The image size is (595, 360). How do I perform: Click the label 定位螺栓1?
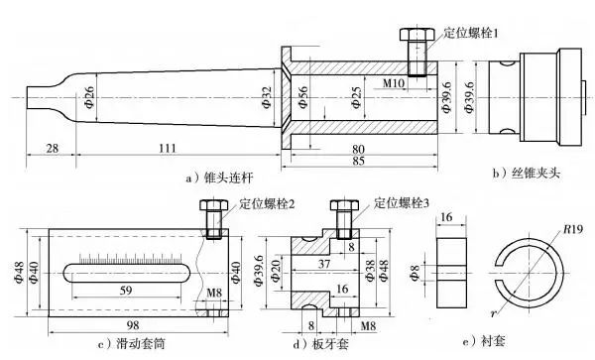click(471, 34)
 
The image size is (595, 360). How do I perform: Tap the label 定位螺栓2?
click(267, 204)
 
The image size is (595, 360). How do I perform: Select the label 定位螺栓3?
click(402, 203)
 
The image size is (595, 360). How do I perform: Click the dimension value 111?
click(168, 148)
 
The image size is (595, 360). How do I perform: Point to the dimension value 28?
click(52, 148)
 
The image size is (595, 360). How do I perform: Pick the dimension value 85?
click(358, 161)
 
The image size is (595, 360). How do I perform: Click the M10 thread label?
click(394, 82)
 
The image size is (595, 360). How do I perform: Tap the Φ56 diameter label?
click(302, 97)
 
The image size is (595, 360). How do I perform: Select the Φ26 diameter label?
click(89, 97)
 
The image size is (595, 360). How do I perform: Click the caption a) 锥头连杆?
click(219, 178)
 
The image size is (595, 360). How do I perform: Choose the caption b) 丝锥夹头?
click(527, 173)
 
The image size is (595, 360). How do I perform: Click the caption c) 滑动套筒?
click(131, 344)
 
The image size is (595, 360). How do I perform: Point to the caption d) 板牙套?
click(321, 344)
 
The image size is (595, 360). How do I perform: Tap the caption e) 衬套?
click(484, 342)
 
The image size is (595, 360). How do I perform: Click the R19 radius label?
click(573, 229)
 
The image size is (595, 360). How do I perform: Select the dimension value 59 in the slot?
click(126, 291)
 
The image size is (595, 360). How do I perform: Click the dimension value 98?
click(133, 325)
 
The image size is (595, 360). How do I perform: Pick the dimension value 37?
click(323, 264)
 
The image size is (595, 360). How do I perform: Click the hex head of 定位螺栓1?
click(417, 34)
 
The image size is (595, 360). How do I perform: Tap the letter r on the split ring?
click(493, 314)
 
